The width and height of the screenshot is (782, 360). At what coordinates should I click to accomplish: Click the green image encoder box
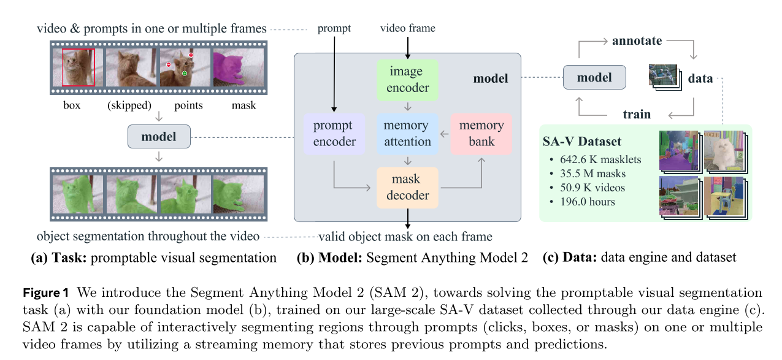[x=407, y=80]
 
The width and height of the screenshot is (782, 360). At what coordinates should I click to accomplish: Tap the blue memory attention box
[x=407, y=134]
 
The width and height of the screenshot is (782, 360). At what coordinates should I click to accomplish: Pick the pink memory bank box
[x=481, y=134]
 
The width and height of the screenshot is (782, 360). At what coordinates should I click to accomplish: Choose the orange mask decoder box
[x=407, y=188]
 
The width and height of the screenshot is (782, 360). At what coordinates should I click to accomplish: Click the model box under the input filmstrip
[x=159, y=136]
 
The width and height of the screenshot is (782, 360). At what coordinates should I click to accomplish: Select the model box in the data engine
[x=594, y=78]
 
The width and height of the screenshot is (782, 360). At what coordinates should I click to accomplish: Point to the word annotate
[x=637, y=41]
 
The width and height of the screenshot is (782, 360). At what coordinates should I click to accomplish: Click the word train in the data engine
[x=636, y=114]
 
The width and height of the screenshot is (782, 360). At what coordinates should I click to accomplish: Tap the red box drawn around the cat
[x=77, y=67]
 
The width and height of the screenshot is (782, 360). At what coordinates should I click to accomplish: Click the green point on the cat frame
[x=184, y=74]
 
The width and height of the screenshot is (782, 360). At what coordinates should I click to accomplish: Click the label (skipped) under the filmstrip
[x=129, y=105]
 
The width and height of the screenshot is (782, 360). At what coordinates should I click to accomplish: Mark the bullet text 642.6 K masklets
[x=601, y=160]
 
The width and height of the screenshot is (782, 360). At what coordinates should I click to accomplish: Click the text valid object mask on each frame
[x=405, y=237]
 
